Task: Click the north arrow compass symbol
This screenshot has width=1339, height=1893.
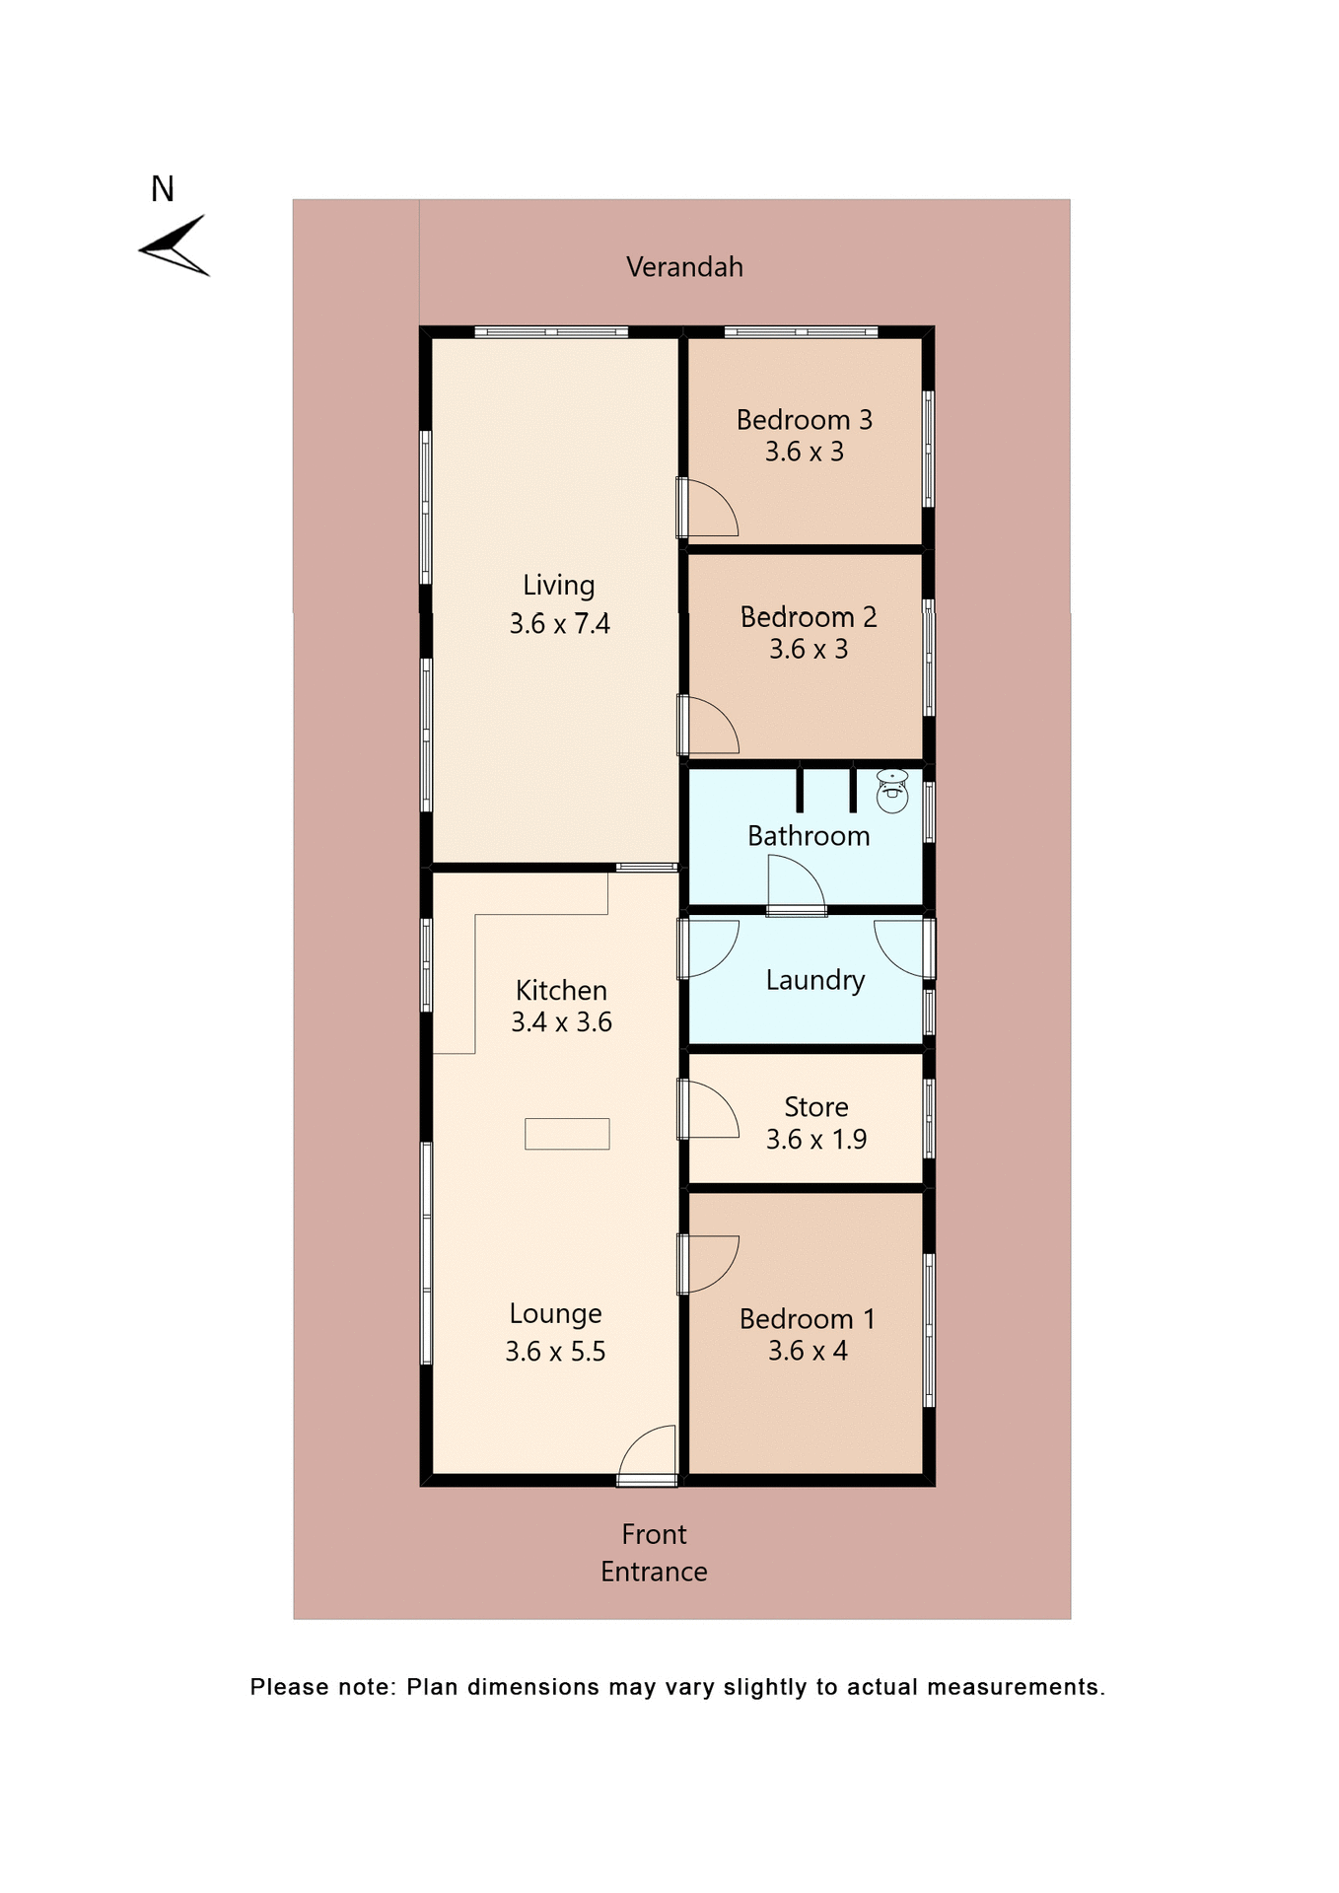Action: click(x=175, y=245)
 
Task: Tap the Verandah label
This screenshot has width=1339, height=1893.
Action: click(x=684, y=267)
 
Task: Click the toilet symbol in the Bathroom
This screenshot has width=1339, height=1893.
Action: click(x=892, y=792)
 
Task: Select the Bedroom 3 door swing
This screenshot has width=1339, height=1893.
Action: click(x=709, y=509)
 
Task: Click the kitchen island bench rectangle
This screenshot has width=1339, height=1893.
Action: click(x=567, y=1134)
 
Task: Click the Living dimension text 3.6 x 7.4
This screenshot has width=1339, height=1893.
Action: click(x=559, y=624)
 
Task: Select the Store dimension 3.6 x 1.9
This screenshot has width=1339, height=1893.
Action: click(x=815, y=1140)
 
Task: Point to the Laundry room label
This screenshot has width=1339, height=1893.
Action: click(x=814, y=980)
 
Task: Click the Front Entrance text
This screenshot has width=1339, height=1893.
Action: click(x=654, y=1553)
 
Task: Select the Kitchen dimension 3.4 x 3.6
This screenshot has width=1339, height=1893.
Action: click(x=561, y=1022)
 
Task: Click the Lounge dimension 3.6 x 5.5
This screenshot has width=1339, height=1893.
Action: click(x=555, y=1352)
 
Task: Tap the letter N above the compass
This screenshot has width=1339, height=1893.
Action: click(x=163, y=189)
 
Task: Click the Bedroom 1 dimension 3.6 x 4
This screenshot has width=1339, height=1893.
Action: click(x=808, y=1351)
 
